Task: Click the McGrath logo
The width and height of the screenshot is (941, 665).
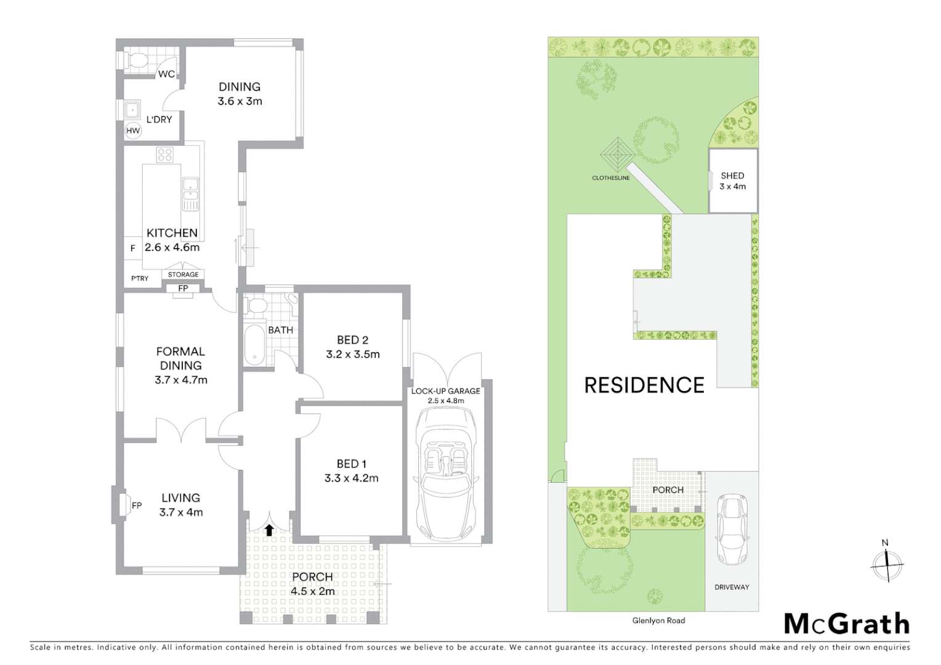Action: click(846, 624)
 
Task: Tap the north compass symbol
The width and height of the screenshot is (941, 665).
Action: click(887, 563)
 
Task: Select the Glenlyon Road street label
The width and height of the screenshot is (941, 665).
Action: click(658, 621)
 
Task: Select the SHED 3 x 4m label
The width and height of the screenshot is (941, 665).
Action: click(732, 181)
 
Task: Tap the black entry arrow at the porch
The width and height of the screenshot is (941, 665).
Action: click(269, 530)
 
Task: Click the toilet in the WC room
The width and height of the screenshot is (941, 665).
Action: click(134, 60)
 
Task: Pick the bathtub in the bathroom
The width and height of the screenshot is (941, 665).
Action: click(254, 345)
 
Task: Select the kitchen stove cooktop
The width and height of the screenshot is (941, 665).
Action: click(164, 154)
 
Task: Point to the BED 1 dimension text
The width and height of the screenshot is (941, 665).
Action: click(351, 478)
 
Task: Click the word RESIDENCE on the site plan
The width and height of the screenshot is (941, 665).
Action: click(644, 385)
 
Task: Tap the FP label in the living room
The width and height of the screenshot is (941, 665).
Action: click(137, 506)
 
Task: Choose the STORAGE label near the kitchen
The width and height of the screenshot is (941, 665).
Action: click(184, 275)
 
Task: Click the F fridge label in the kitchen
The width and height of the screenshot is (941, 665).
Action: click(132, 248)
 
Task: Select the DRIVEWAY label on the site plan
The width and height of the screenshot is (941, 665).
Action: click(732, 587)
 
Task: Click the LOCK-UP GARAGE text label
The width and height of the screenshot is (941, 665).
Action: click(445, 391)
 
